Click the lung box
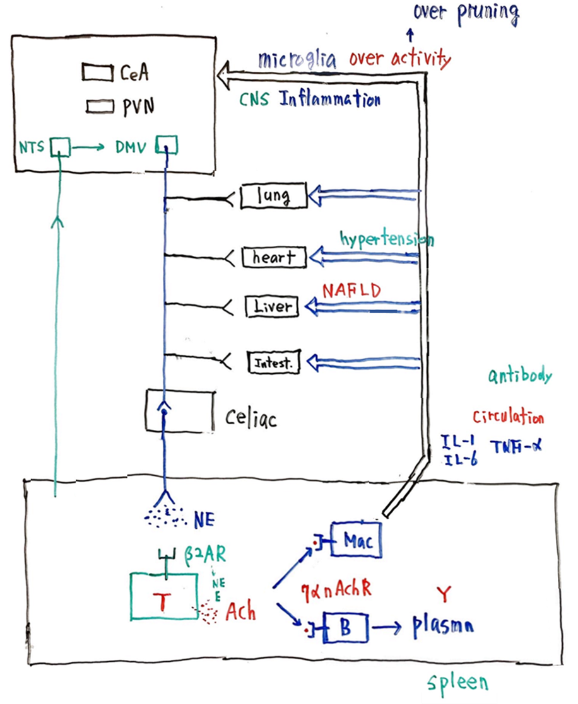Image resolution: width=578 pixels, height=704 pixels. (274, 196)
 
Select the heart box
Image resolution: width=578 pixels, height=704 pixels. (274, 257)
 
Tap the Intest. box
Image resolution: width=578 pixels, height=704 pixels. (273, 362)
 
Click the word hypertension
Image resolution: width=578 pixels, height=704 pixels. (386, 239)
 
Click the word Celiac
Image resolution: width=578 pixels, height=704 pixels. (251, 418)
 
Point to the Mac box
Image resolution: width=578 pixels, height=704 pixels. (355, 541)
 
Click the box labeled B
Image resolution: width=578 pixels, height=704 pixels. (345, 628)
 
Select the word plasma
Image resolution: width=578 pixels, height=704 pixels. (444, 627)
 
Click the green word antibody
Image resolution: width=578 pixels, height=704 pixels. (521, 376)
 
